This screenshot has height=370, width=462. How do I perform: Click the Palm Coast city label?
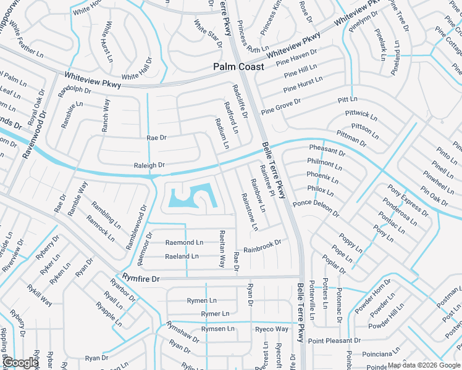click(238, 67)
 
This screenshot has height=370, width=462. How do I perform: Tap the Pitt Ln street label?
click(348, 99)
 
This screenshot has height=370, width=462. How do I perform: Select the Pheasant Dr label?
click(327, 150)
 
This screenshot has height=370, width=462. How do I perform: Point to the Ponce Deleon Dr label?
click(316, 208)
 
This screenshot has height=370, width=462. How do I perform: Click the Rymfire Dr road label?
click(141, 279)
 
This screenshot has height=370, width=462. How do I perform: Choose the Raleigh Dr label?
click(149, 165)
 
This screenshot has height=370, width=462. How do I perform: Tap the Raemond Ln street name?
click(184, 243)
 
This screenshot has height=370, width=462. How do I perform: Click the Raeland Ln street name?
click(182, 257)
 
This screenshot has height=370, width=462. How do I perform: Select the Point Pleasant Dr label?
click(334, 341)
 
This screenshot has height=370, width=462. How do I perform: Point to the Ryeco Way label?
click(272, 329)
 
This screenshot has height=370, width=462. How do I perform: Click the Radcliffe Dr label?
click(240, 102)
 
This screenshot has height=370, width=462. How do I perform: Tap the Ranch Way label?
click(106, 115)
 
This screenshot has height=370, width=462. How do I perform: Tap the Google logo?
click(21, 363)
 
